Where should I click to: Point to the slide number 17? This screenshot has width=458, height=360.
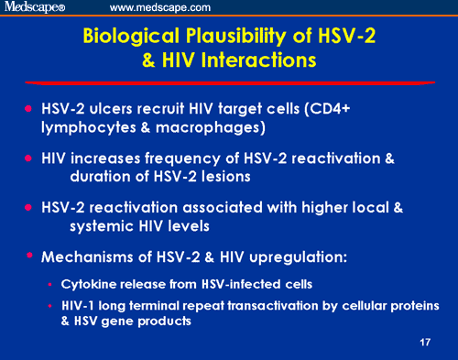423,342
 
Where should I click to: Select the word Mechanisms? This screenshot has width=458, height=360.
90,256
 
